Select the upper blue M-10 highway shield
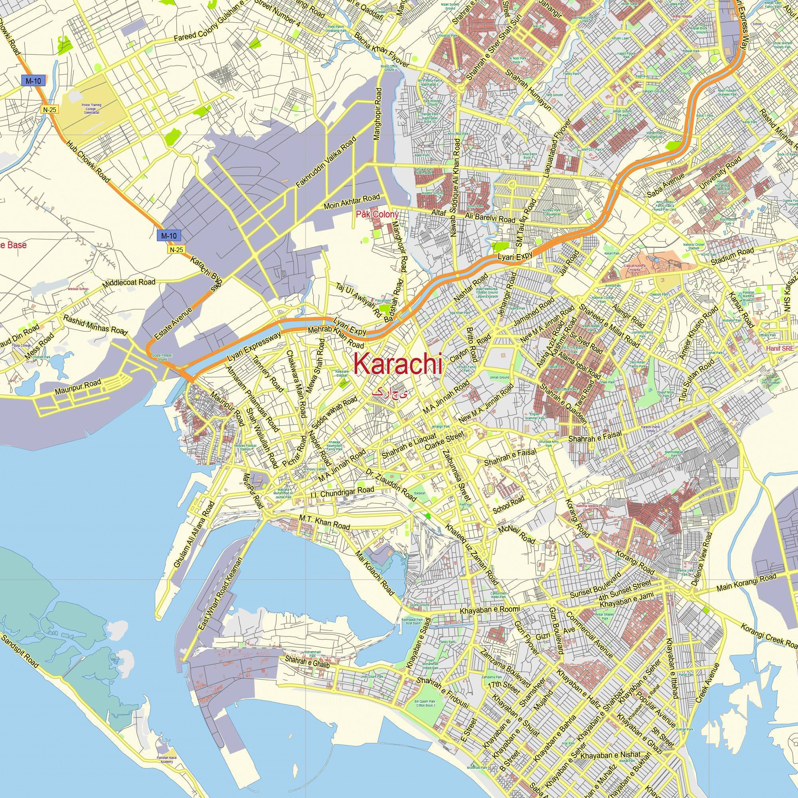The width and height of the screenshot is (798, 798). (x=33, y=81)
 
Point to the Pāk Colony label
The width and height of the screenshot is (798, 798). (x=377, y=215)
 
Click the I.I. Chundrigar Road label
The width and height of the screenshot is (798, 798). (x=342, y=493)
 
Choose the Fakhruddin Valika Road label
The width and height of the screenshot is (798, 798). (x=326, y=163)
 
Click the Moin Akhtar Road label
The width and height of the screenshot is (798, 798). (x=352, y=202)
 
